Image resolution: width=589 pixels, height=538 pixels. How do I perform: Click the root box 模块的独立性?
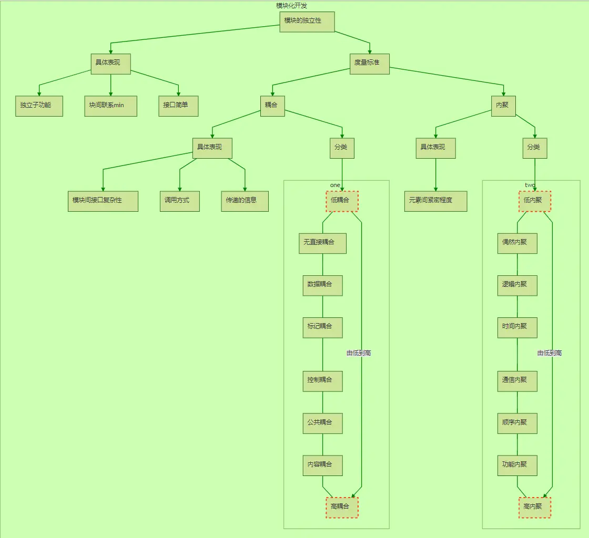(307, 22)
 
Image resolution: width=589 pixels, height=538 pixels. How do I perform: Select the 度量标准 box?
(370, 64)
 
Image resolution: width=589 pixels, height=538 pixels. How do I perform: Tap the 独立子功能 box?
(39, 106)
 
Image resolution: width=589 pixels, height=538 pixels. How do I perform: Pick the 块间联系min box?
(110, 106)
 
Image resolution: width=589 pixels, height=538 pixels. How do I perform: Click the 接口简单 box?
(178, 106)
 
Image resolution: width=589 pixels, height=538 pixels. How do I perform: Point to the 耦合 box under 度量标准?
(272, 106)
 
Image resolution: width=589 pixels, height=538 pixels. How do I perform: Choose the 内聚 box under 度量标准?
(503, 106)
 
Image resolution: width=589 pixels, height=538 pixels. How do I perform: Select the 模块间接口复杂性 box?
(103, 201)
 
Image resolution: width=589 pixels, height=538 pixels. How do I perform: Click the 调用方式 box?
(179, 201)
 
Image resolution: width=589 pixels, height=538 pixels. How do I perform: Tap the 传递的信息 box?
(245, 201)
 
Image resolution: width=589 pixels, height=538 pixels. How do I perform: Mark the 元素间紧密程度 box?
(435, 201)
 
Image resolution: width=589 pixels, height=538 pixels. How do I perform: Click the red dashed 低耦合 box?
(342, 201)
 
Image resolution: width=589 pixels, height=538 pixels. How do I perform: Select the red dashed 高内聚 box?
(535, 508)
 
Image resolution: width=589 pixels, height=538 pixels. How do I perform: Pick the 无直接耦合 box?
(322, 243)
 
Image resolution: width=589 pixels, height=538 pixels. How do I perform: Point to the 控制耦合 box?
(322, 380)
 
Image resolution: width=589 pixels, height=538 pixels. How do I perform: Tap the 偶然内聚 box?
(517, 243)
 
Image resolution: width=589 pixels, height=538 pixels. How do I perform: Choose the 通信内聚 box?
(517, 380)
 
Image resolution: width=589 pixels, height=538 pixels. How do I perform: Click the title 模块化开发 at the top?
(291, 5)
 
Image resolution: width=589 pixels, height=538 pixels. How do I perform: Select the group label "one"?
(335, 185)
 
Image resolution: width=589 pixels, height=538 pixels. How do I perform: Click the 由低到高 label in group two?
(550, 353)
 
